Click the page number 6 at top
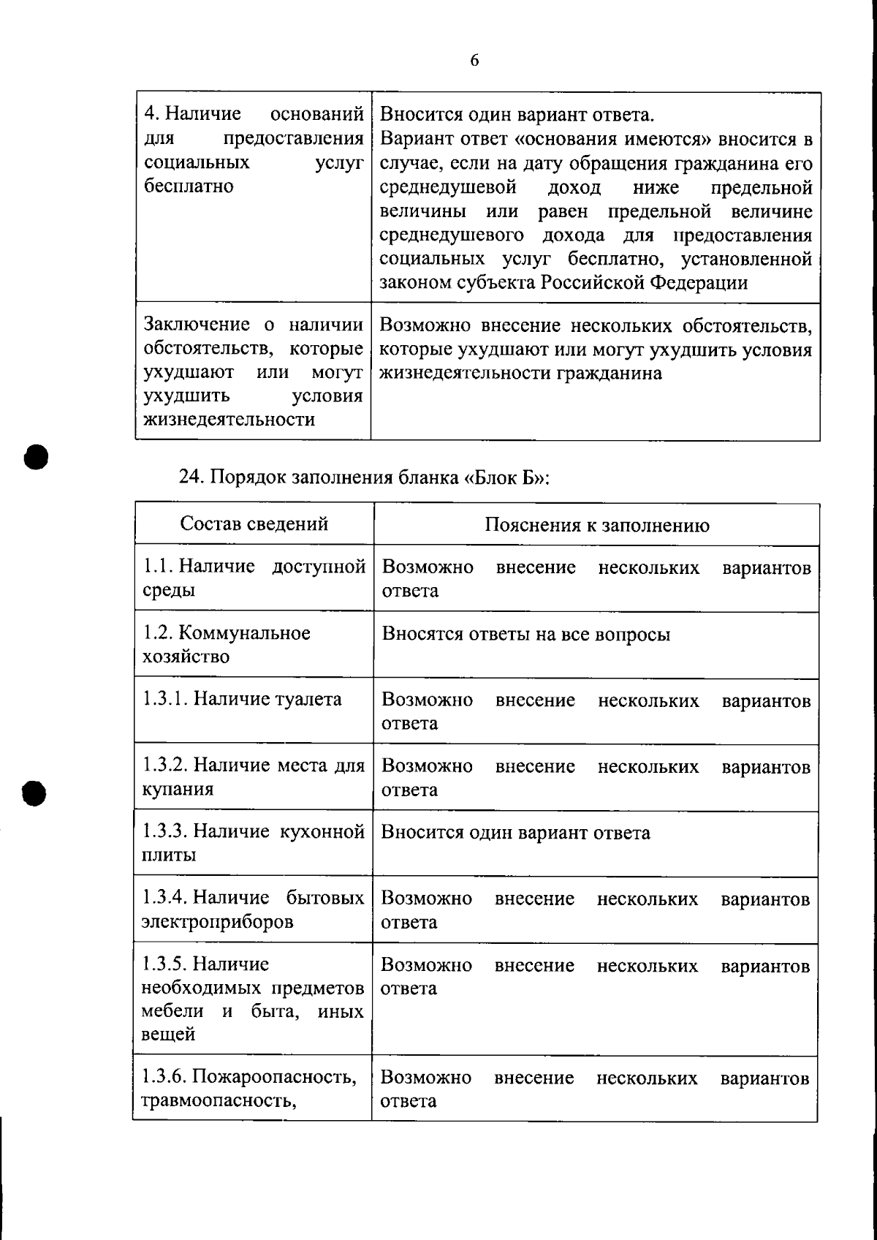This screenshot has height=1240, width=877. pos(474,61)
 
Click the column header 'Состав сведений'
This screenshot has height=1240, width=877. pos(254,523)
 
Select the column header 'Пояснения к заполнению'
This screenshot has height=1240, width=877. pos(596,525)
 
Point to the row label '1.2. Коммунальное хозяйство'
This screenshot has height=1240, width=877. pos(226,644)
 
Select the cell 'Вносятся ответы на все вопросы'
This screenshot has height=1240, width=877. pos(525,634)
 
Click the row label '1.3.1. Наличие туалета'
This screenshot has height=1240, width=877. pos(242,699)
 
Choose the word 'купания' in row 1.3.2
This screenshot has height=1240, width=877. pos(177,790)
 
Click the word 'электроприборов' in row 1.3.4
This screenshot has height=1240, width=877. pos(217,921)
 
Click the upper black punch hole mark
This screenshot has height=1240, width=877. pos(35,456)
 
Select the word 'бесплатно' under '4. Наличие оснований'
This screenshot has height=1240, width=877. pos(189,186)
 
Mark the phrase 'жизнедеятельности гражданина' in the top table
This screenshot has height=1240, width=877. pos(520,374)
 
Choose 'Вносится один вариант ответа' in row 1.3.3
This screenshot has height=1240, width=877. pos(515,833)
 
